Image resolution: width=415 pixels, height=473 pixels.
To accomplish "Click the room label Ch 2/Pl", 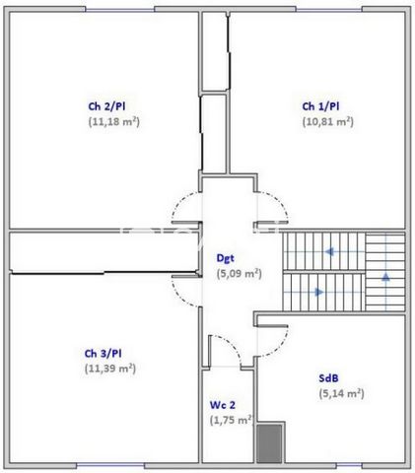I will point(112,106).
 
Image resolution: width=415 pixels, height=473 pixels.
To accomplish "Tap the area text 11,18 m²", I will point(113,122).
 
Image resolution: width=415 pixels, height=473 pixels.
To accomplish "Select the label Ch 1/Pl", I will point(321,106).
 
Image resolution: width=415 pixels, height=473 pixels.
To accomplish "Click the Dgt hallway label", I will point(227,258).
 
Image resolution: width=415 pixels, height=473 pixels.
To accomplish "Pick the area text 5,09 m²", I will point(239,273).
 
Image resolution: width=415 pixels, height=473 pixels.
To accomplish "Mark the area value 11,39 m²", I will point(110,368).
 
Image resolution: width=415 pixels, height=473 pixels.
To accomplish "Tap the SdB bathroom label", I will point(330,376).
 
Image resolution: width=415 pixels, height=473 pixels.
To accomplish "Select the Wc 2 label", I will point(222,404).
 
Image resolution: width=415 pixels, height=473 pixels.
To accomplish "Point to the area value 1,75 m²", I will point(232,419).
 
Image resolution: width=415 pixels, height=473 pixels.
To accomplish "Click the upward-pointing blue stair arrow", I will point(384,277).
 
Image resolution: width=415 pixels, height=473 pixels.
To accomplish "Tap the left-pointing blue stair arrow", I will point(329,251).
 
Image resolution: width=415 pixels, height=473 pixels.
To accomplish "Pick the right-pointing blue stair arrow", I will point(317,293).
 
